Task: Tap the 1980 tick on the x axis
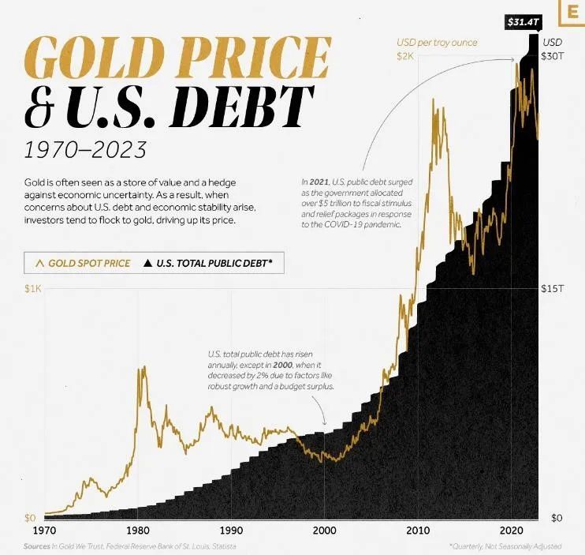pyautogui.click(x=137, y=530)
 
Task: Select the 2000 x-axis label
pyautogui.click(x=324, y=530)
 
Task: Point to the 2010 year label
pyautogui.click(x=418, y=530)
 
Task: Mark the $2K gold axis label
pyautogui.click(x=404, y=57)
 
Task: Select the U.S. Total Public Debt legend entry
pyautogui.click(x=210, y=263)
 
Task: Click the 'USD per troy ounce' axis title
pyautogui.click(x=436, y=42)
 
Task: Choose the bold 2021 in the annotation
pyautogui.click(x=322, y=182)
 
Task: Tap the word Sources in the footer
pyautogui.click(x=37, y=546)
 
